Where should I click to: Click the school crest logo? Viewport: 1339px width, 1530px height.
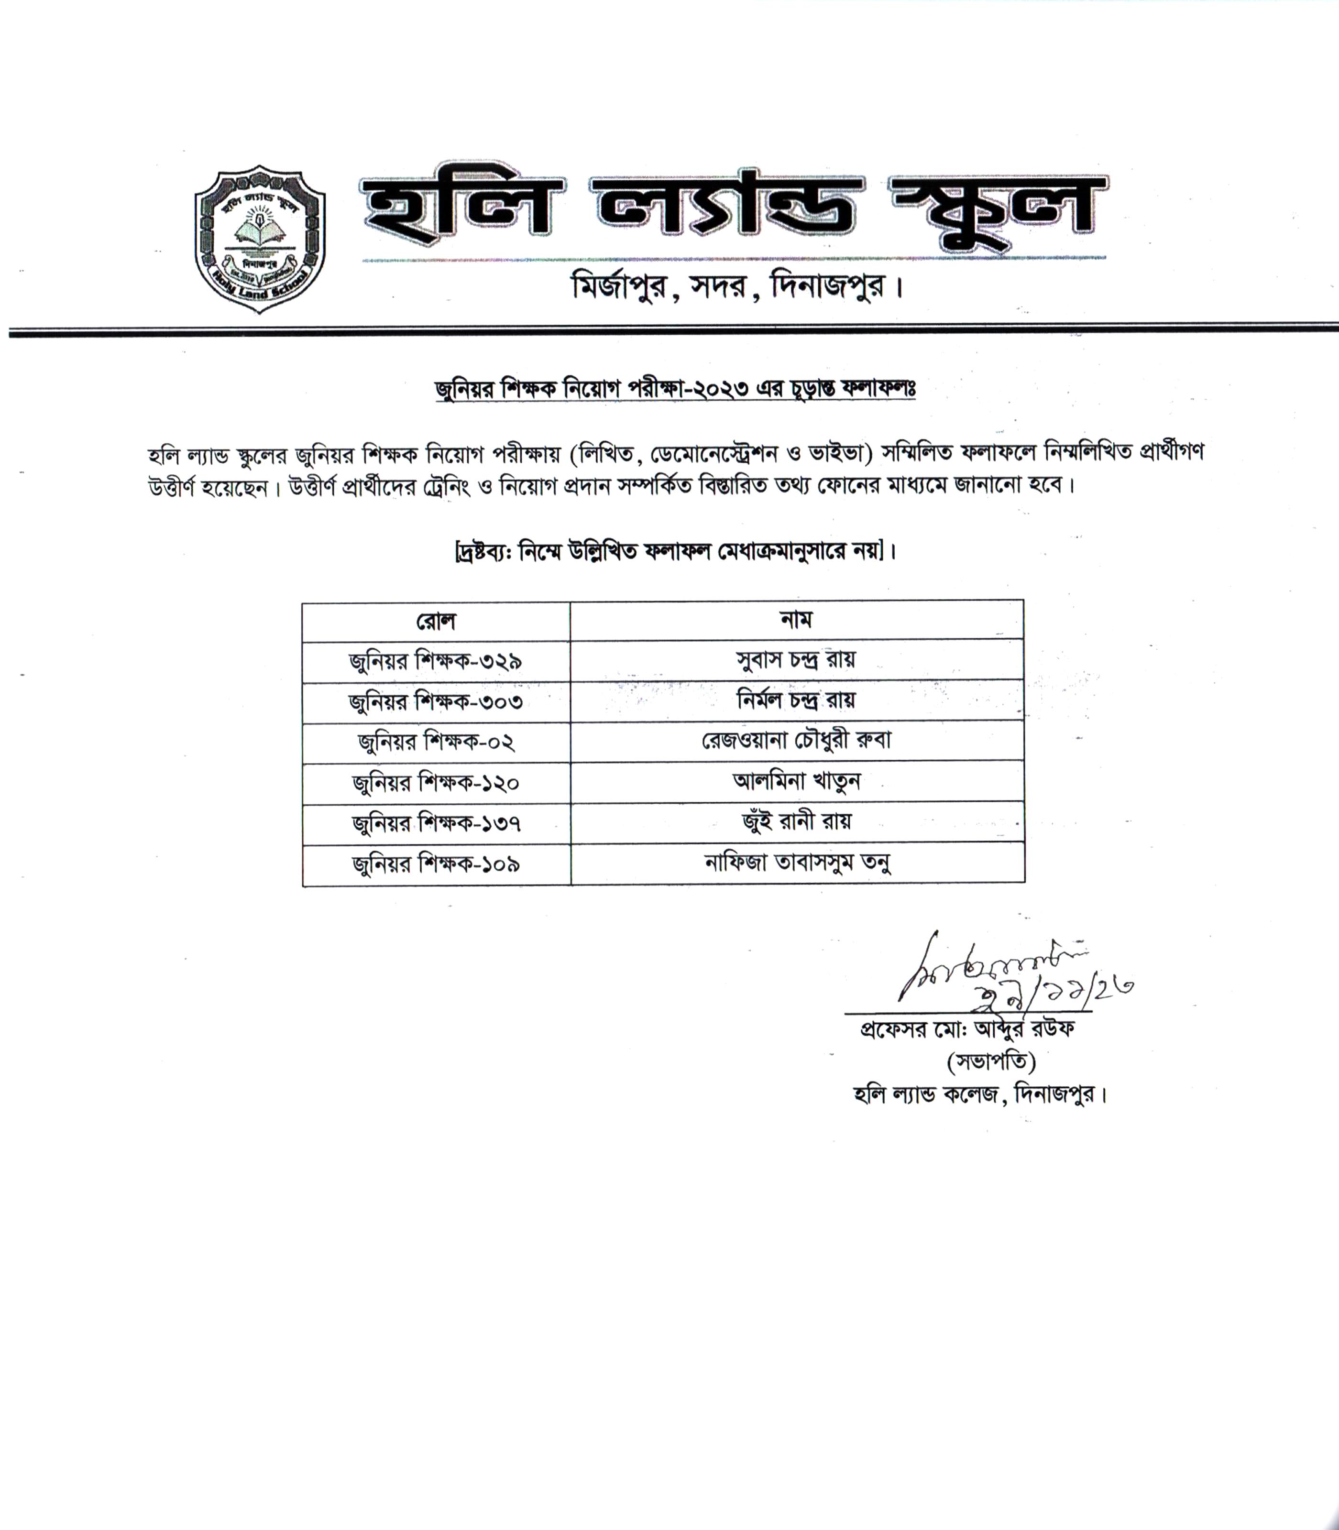(x=259, y=240)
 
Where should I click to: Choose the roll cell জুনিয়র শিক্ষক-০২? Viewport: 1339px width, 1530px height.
(x=436, y=743)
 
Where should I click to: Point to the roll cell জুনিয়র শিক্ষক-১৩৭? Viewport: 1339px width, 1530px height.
(x=436, y=824)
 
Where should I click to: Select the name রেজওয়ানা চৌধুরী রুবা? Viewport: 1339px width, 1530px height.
(x=797, y=741)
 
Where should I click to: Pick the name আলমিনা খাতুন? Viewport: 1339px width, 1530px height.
(x=797, y=781)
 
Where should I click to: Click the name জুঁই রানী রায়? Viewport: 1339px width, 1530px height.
(x=797, y=822)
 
